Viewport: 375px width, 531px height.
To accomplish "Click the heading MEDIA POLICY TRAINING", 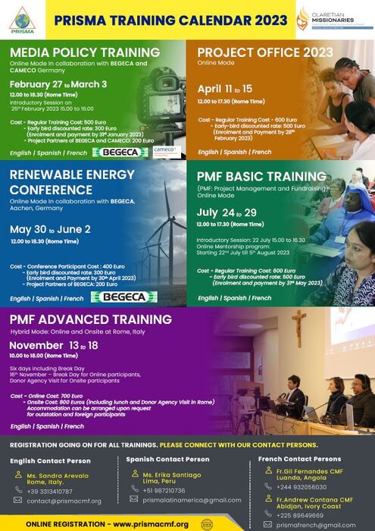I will click(85, 52).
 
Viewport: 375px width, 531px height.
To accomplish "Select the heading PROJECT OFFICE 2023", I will click(264, 52).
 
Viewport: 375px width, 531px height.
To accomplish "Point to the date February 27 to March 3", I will click(58, 83).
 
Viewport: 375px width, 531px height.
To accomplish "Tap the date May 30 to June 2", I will click(51, 228).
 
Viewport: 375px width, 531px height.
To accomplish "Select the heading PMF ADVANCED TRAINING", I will click(91, 319).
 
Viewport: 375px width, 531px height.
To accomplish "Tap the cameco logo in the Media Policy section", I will click(165, 151).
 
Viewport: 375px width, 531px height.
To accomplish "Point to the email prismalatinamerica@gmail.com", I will click(191, 500).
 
